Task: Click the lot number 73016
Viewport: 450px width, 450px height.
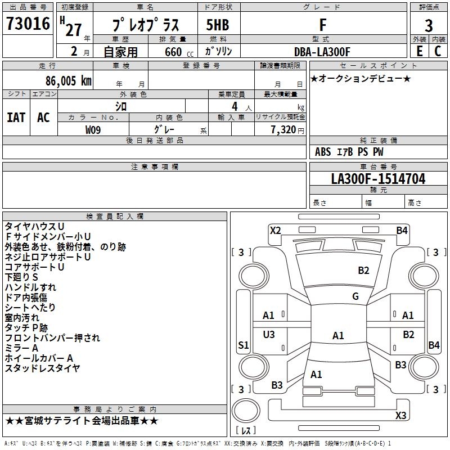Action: pyautogui.click(x=28, y=25)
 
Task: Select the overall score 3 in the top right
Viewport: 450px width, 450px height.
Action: pyautogui.click(x=429, y=26)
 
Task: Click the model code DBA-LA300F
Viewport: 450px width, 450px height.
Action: pyautogui.click(x=322, y=52)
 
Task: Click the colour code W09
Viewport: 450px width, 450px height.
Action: pyautogui.click(x=93, y=129)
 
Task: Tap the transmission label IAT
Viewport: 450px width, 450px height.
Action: pyautogui.click(x=16, y=118)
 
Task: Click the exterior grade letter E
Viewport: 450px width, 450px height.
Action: pyautogui.click(x=419, y=52)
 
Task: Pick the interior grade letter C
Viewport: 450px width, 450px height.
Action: pyautogui.click(x=438, y=52)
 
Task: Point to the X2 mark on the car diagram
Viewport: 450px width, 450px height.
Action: pyautogui.click(x=275, y=230)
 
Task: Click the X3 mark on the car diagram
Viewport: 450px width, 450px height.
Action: pyautogui.click(x=400, y=416)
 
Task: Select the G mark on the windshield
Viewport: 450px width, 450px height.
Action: pyautogui.click(x=355, y=296)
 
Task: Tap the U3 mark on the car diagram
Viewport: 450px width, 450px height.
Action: pyautogui.click(x=269, y=335)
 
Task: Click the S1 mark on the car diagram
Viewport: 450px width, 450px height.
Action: pyautogui.click(x=243, y=345)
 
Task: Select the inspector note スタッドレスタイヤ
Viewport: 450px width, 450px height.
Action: pyautogui.click(x=43, y=368)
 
